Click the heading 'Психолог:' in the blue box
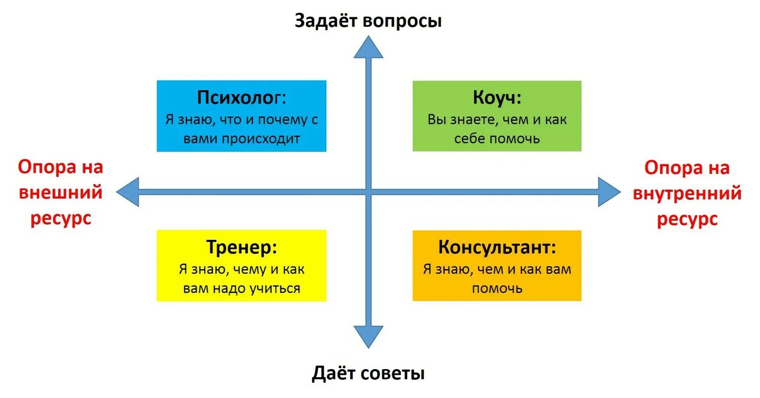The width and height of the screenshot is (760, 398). pos(241,97)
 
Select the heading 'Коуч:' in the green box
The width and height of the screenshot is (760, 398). pos(497,97)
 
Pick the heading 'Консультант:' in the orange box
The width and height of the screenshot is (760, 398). pos(497,247)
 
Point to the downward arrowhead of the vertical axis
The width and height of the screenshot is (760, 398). pos(368,336)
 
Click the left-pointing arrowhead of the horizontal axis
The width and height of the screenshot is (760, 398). pos(128,192)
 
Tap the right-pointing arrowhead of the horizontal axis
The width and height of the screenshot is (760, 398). pos(609,192)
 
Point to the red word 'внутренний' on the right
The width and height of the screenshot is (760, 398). pos(687,193)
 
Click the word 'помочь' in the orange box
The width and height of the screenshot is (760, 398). pos(497,288)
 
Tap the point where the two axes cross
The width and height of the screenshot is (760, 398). pos(368,192)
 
